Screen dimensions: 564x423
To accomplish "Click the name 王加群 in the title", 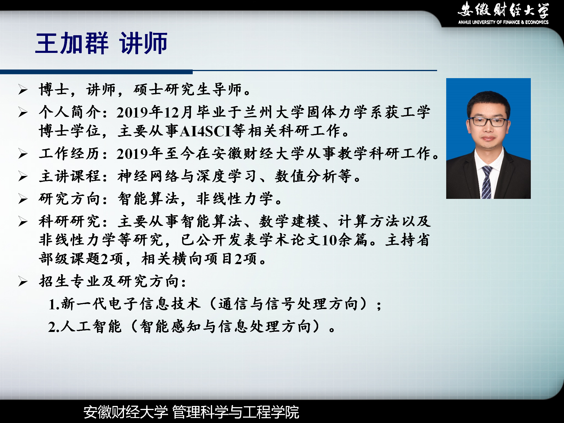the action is [x=72, y=43].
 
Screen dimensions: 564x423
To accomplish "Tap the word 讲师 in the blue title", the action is [x=143, y=43].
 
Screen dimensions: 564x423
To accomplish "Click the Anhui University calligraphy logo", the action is [x=503, y=9].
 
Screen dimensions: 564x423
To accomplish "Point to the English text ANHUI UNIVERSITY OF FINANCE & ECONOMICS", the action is [x=503, y=22].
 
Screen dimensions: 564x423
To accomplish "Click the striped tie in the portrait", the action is [x=486, y=182].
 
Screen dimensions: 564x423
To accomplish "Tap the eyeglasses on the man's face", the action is [x=488, y=121].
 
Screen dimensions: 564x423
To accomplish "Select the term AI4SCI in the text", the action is [x=206, y=131].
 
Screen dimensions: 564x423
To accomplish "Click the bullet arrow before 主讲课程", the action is [x=23, y=176].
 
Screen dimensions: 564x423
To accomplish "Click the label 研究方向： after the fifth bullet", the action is [x=74, y=199].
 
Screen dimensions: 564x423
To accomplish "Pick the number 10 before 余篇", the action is [x=329, y=240].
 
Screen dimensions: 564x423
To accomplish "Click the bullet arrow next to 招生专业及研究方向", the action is [x=23, y=281].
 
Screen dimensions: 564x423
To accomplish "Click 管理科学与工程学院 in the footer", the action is [x=236, y=412].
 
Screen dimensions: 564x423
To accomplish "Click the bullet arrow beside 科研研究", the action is [x=23, y=221].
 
